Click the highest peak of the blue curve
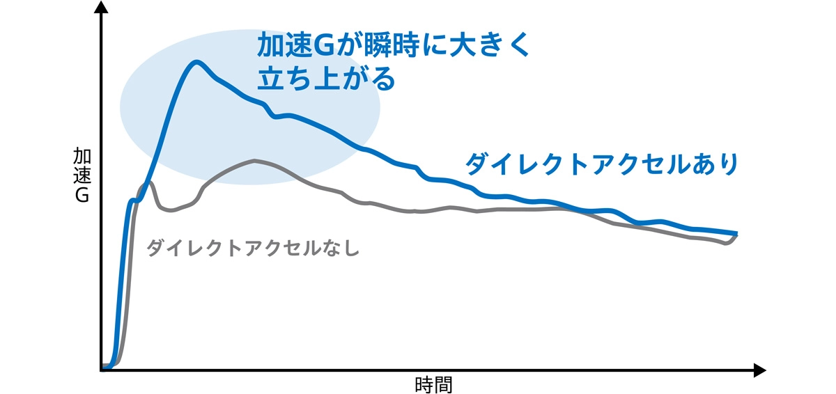(x=197, y=63)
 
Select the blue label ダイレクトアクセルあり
(x=601, y=164)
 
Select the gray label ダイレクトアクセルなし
(x=252, y=248)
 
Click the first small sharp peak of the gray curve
(x=148, y=183)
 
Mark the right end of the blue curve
(x=736, y=234)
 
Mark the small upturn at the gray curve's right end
(x=733, y=239)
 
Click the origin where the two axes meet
(x=102, y=370)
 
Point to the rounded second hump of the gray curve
(x=254, y=161)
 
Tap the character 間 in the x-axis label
(x=443, y=384)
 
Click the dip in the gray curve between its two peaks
(x=171, y=210)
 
